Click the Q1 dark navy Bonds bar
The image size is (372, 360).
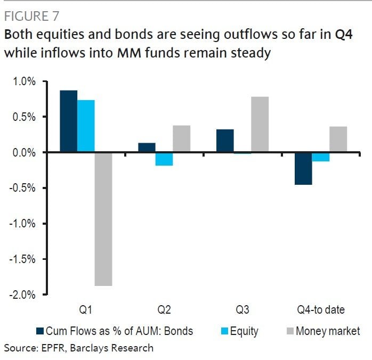tap(68, 121)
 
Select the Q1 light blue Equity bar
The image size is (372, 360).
tap(86, 126)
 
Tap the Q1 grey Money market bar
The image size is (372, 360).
tap(103, 219)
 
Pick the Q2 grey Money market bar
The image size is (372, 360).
tap(181, 139)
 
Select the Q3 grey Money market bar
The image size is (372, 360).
tap(260, 125)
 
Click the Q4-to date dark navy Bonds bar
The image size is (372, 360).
tap(303, 168)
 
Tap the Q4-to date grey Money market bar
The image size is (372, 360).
tap(338, 140)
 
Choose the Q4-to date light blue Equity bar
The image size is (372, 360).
tap(320, 157)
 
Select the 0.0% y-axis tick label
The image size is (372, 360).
tap(23, 153)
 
